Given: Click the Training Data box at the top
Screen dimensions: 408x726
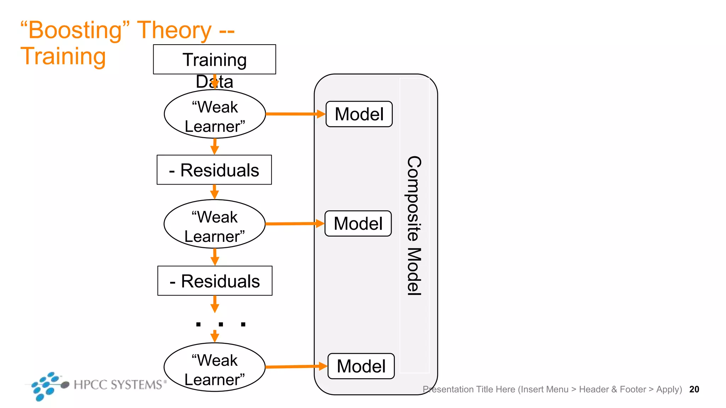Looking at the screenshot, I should tap(214, 59).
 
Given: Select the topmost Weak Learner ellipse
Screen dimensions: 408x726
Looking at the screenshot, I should tap(215, 114).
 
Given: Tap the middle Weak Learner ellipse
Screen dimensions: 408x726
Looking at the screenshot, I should tap(214, 224).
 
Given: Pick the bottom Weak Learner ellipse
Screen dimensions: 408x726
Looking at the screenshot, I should tap(214, 367).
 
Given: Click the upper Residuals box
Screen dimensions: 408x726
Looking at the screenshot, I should tap(214, 170).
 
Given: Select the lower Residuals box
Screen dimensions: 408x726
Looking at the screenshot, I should tap(215, 281).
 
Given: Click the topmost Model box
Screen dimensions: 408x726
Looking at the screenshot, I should tap(359, 114).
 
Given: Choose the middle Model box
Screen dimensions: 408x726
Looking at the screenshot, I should tap(358, 223).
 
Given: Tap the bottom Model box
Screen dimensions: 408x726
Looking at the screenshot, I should tap(361, 366).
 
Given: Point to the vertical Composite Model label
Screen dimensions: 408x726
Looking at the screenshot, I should tap(414, 225).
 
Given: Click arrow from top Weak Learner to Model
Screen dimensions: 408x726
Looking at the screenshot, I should tap(294, 114).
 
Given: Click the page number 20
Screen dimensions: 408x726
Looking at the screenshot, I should tap(694, 389).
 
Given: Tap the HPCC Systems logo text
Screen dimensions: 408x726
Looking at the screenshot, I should tap(118, 385).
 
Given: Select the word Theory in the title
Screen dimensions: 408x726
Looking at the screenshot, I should tap(174, 30).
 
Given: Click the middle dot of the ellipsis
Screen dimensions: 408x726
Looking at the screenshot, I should tap(221, 324).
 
